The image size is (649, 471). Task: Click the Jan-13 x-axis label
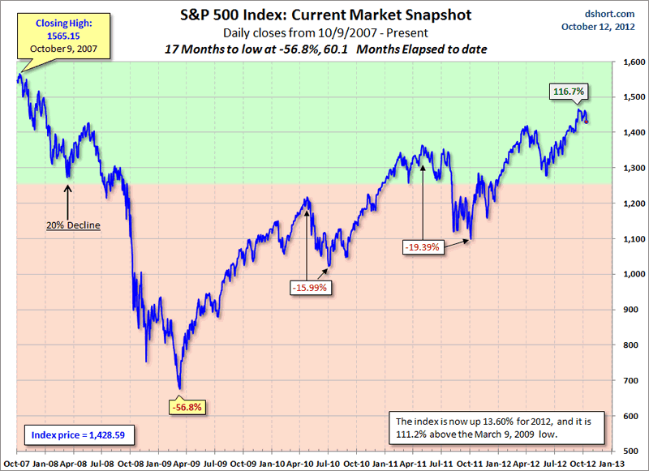612,462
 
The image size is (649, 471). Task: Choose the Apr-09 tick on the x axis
187,462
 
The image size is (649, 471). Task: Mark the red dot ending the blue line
587,122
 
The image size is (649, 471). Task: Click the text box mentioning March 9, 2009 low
492,428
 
